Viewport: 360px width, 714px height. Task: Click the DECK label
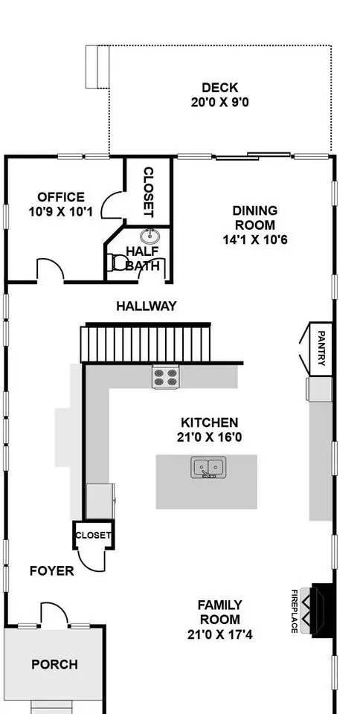[x=220, y=88]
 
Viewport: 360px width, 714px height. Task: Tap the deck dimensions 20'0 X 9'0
[x=220, y=102]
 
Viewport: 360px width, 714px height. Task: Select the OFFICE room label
[x=61, y=197]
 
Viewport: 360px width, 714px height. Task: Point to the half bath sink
[x=149, y=236]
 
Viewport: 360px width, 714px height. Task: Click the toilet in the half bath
[x=118, y=263]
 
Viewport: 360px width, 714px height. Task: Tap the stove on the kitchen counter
[x=165, y=376]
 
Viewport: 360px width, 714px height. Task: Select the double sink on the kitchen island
[x=209, y=468]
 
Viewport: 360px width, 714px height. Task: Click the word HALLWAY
[x=146, y=306]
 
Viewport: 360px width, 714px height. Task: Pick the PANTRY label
[x=321, y=348]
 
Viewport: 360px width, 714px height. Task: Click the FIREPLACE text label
[x=295, y=611]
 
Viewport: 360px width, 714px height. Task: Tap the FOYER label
[x=52, y=571]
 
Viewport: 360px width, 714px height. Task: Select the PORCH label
[x=54, y=664]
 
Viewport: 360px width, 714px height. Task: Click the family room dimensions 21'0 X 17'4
[x=220, y=634]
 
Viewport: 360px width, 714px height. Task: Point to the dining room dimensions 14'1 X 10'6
[x=255, y=239]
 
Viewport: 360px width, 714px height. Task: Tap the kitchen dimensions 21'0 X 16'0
[x=209, y=437]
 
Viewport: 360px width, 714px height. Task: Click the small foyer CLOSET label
[x=93, y=535]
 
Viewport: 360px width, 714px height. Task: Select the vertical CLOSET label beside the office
[x=148, y=192]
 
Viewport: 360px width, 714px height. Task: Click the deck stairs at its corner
[x=98, y=66]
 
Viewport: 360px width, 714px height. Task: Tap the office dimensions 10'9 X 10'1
[x=61, y=212]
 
